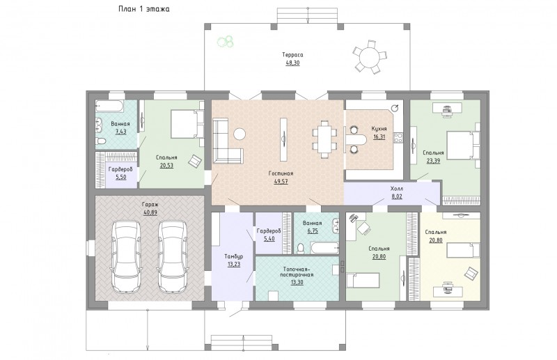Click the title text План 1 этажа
point(144,9)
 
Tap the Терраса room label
point(292,55)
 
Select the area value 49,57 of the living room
point(281,181)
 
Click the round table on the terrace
point(370,57)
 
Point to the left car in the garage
point(126,256)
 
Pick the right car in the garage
point(172,256)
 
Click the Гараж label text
point(150,205)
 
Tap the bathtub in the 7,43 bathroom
point(109,107)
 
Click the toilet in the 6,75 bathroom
point(301,249)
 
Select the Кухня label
point(379,129)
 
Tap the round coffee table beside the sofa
point(240,134)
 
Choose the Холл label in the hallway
point(397,188)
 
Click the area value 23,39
point(433,161)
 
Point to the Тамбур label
point(234,256)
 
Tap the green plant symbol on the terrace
point(226,41)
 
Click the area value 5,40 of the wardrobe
point(269,239)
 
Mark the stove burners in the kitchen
point(398,138)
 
